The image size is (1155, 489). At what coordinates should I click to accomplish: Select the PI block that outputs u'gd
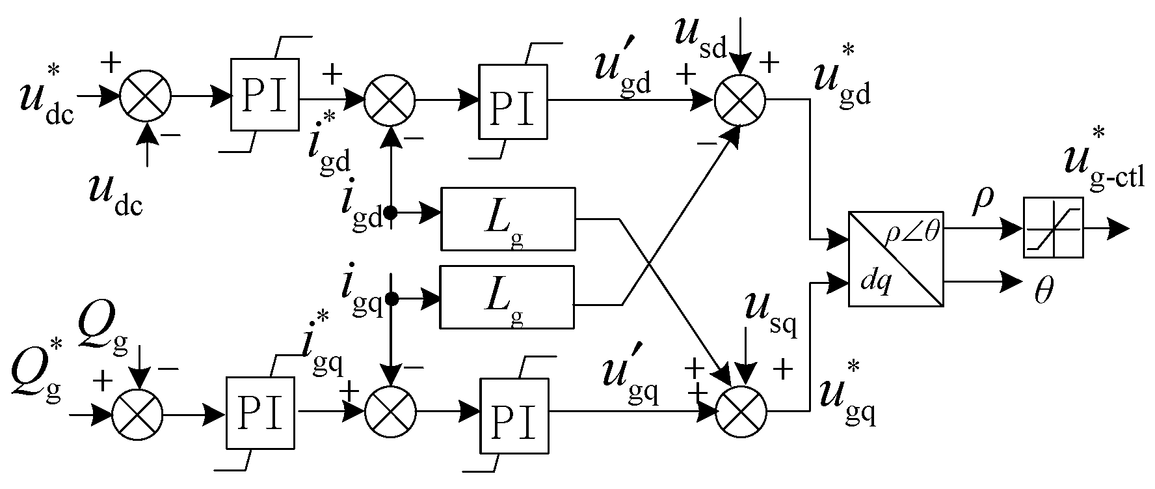(513, 101)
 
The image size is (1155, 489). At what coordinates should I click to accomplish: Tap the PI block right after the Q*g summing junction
(259, 413)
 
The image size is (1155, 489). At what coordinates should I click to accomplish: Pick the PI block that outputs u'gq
(513, 415)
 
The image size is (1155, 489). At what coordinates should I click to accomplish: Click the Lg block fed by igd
(508, 219)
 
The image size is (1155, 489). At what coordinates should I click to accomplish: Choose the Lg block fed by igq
(508, 296)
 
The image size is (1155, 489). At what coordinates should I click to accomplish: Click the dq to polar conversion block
(896, 259)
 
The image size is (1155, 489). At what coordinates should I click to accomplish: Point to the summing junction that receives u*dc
(144, 96)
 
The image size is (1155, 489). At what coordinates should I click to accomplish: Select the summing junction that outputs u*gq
(741, 412)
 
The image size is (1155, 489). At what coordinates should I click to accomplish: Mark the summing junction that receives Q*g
(138, 413)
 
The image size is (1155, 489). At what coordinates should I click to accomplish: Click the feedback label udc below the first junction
(116, 197)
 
